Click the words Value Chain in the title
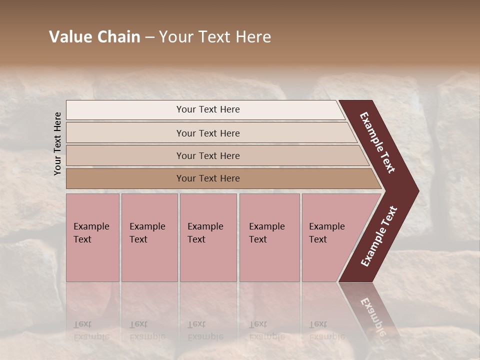[x=94, y=37]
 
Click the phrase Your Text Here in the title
[x=215, y=37]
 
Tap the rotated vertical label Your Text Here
[x=57, y=143]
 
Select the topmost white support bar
[x=125, y=110]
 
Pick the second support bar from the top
[x=125, y=133]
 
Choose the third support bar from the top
[x=125, y=155]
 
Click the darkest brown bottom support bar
[x=125, y=178]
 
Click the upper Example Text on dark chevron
[x=378, y=142]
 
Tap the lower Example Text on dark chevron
[x=379, y=236]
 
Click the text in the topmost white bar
[x=208, y=109]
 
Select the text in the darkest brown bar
[x=208, y=178]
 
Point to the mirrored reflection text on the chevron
[x=372, y=315]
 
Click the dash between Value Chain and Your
[x=149, y=37]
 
